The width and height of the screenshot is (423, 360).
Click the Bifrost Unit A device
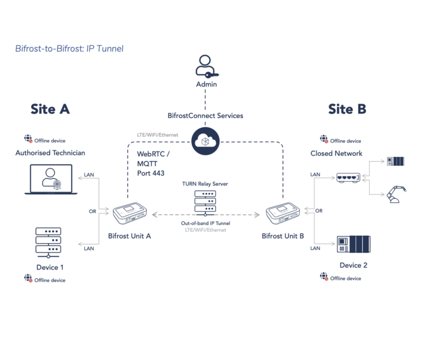131,214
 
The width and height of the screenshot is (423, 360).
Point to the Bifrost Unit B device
283,214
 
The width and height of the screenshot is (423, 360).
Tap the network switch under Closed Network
348,178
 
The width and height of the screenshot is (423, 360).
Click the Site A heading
50,109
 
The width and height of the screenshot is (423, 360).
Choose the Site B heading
347,109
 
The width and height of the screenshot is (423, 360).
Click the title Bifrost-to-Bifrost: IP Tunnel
69,49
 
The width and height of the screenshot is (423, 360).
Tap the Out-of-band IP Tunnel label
205,223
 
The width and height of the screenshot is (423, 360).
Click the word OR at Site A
93,210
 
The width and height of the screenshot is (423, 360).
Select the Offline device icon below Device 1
28,279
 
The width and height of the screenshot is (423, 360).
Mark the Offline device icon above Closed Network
324,139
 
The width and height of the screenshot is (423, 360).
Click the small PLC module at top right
395,161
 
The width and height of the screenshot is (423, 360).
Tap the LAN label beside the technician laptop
89,175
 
